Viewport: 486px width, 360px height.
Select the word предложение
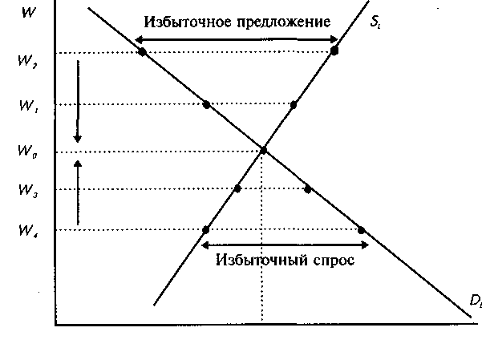(x=281, y=21)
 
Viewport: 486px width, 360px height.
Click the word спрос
(x=333, y=262)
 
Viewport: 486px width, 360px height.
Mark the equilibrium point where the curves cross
(x=262, y=150)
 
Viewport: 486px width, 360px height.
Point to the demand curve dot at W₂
(x=142, y=52)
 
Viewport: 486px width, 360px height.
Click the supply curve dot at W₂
(x=334, y=50)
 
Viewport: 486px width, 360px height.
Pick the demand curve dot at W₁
(x=206, y=104)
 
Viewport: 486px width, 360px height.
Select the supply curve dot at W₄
(x=206, y=230)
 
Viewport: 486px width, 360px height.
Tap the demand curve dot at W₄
(x=361, y=230)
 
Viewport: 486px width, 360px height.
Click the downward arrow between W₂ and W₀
(x=78, y=100)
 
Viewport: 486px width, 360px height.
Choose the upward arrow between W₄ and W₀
(x=78, y=192)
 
